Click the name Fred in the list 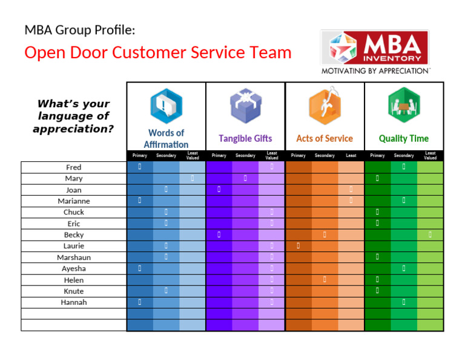73,167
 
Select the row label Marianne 73,201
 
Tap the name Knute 73,292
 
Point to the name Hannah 73,302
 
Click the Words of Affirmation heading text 166,138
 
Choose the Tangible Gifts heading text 245,138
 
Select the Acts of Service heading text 325,138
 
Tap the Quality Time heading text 404,138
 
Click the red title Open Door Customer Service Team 158,53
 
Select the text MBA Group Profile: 80,29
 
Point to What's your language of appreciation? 73,116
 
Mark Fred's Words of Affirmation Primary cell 139,167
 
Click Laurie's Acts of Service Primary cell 298,245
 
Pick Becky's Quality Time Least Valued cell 430,234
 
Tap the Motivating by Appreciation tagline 375,71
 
